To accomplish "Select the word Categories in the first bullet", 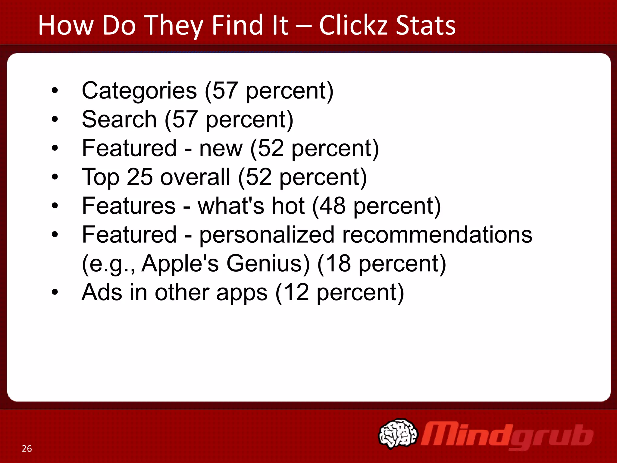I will click(x=139, y=91).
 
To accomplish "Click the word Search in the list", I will click(x=119, y=119).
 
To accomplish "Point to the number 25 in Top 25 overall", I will click(x=139, y=177).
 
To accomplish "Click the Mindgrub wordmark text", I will click(x=507, y=436).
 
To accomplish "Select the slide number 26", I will click(x=27, y=449).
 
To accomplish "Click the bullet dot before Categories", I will click(x=55, y=91).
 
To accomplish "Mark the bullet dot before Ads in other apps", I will click(x=55, y=292).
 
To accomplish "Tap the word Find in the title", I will click(x=235, y=25).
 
